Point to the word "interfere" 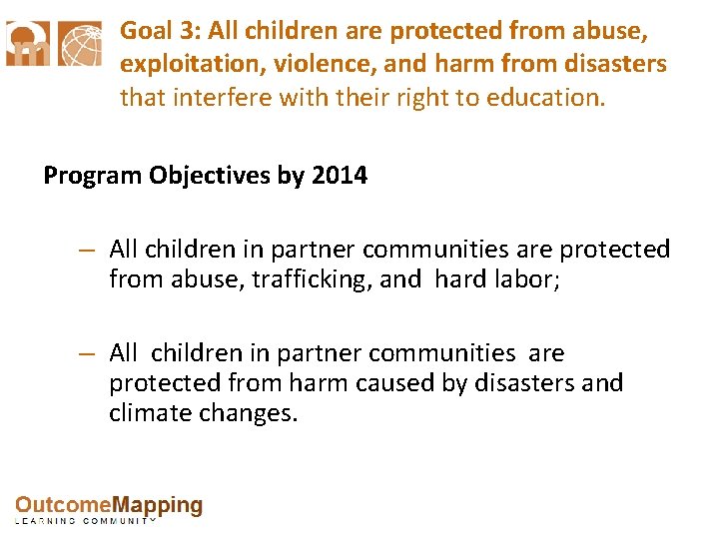tap(212, 98)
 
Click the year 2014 tap(339, 177)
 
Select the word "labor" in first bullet tap(526, 280)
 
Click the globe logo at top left tap(80, 45)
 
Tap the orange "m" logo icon tap(28, 45)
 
